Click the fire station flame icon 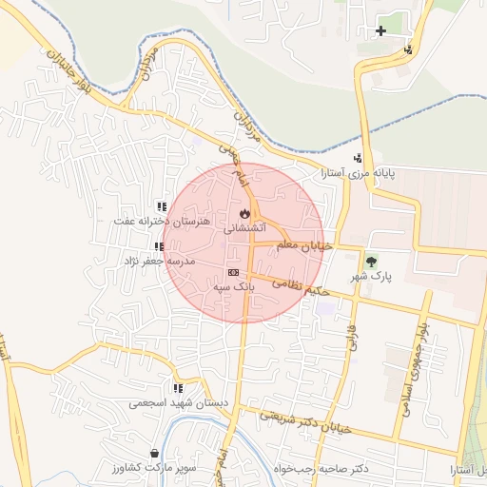coord(245,213)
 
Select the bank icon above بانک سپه coord(233,272)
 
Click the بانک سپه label coord(233,285)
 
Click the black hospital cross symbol coord(381,30)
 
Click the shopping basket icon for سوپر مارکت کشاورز coord(155,453)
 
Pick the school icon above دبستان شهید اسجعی coord(177,387)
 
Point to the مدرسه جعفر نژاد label coord(158,260)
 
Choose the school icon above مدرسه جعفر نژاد coord(158,246)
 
